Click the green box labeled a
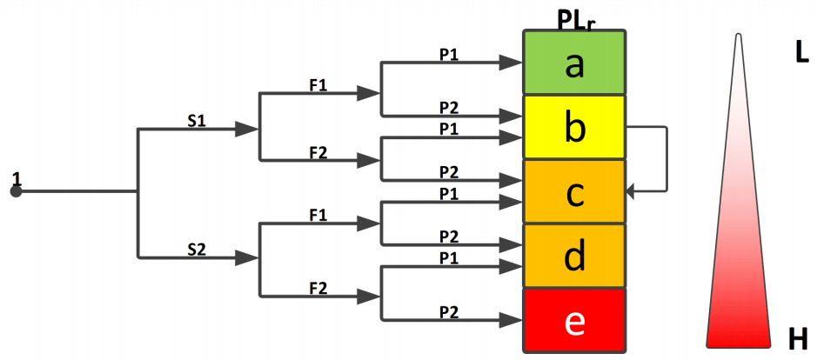pos(573,63)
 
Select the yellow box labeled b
pos(573,128)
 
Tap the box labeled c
pos(573,192)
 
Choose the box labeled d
pos(573,257)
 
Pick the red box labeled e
pos(573,320)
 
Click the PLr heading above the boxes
pos(576,17)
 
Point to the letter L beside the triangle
pos(801,52)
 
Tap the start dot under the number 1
pos(15,191)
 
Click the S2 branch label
pos(197,249)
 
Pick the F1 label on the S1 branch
pos(318,85)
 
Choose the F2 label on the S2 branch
pos(318,286)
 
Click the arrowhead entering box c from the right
pos(632,191)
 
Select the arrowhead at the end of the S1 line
pos(248,129)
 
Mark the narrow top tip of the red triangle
pos(739,37)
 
